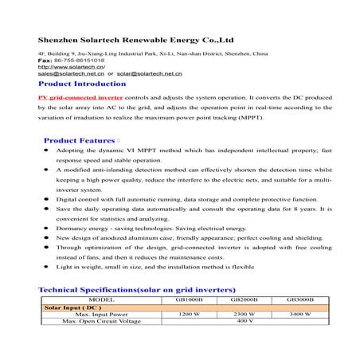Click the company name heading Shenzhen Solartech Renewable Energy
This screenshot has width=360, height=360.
[135, 37]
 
